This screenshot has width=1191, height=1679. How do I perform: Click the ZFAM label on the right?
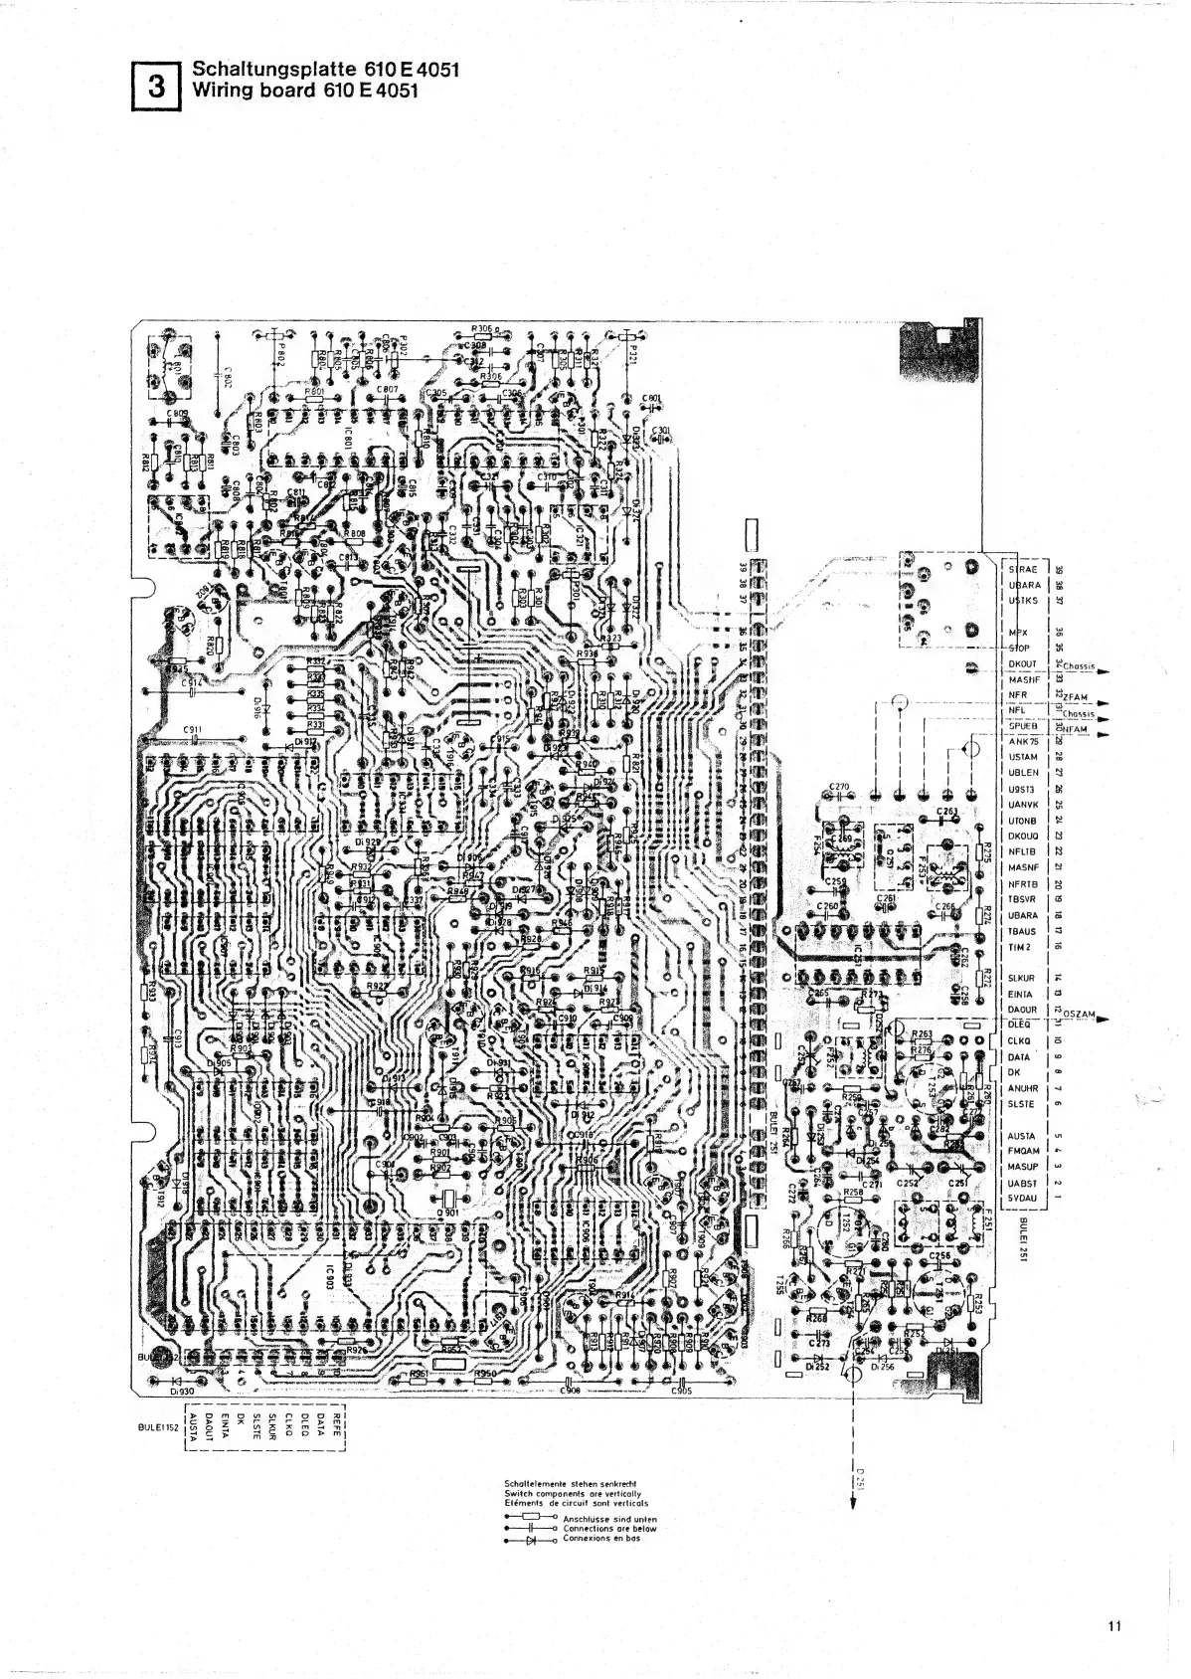(1075, 697)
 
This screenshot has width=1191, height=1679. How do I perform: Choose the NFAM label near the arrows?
(1075, 732)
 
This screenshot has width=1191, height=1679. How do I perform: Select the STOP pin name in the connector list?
(1021, 648)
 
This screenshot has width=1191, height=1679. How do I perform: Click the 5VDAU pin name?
(1023, 1199)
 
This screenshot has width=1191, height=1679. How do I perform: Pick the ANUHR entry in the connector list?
(1023, 1088)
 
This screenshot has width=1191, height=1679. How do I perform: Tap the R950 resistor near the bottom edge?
(485, 1375)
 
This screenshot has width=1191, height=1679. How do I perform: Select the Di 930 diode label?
(180, 1393)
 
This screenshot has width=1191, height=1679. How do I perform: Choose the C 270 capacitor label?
(838, 788)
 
